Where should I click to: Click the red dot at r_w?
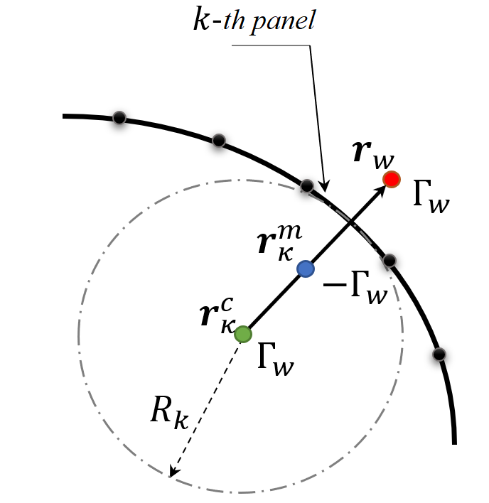pos(392,179)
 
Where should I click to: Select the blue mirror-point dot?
pos(306,269)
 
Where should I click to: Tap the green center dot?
pos(243,334)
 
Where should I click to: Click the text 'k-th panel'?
pos(254,20)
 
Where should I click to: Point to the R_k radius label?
pos(169,413)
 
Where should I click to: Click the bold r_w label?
pos(373,155)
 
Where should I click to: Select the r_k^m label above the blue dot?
pos(280,242)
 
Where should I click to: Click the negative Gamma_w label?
pos(355,288)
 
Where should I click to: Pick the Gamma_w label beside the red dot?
pos(431,196)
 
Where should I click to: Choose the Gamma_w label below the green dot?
pos(276,359)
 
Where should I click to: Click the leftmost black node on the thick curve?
pos(119,118)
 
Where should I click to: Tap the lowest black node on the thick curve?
pos(439,355)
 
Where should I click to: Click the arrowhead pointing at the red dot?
pos(381,190)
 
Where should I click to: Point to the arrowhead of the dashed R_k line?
pos(173,471)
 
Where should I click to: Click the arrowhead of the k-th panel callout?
pos(325,186)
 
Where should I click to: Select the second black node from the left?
pos(219,141)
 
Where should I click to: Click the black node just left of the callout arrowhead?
pos(307,185)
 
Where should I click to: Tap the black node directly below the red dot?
pos(389,261)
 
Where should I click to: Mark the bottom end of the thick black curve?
pos(454,444)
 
